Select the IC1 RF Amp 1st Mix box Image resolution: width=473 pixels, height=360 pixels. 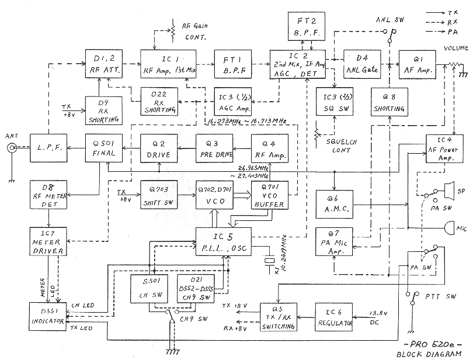pos(169,64)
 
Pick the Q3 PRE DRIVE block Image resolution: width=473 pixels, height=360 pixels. pos(214,148)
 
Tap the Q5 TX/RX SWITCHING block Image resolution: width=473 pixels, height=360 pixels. pos(277,317)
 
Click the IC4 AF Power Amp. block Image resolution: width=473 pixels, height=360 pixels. pos(444,149)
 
